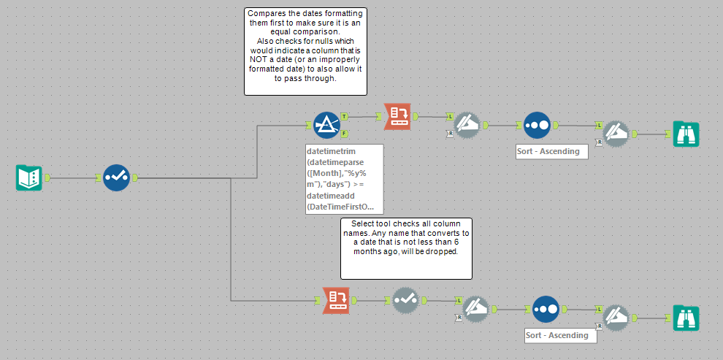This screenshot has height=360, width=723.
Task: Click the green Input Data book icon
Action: pyautogui.click(x=29, y=177)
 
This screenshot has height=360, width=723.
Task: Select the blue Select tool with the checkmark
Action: pyautogui.click(x=116, y=177)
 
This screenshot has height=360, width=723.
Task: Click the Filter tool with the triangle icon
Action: pyautogui.click(x=326, y=125)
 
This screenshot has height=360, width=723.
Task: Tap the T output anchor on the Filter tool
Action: pyautogui.click(x=344, y=117)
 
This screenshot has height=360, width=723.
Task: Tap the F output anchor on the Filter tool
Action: pyautogui.click(x=344, y=134)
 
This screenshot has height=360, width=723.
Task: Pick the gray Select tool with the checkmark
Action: pyautogui.click(x=406, y=299)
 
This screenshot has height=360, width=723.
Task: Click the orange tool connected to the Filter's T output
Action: pyautogui.click(x=397, y=116)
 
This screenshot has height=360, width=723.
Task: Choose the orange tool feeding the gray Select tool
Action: pyautogui.click(x=337, y=299)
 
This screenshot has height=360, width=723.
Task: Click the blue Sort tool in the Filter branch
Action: pyautogui.click(x=537, y=125)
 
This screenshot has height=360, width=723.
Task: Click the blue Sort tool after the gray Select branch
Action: pyautogui.click(x=546, y=309)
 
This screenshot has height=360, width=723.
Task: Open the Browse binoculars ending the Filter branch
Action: pyautogui.click(x=686, y=134)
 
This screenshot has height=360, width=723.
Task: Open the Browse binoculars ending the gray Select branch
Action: pyautogui.click(x=686, y=318)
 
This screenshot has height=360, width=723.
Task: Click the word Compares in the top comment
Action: pyautogui.click(x=267, y=14)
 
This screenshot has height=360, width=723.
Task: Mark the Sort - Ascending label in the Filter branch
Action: pyautogui.click(x=551, y=151)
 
